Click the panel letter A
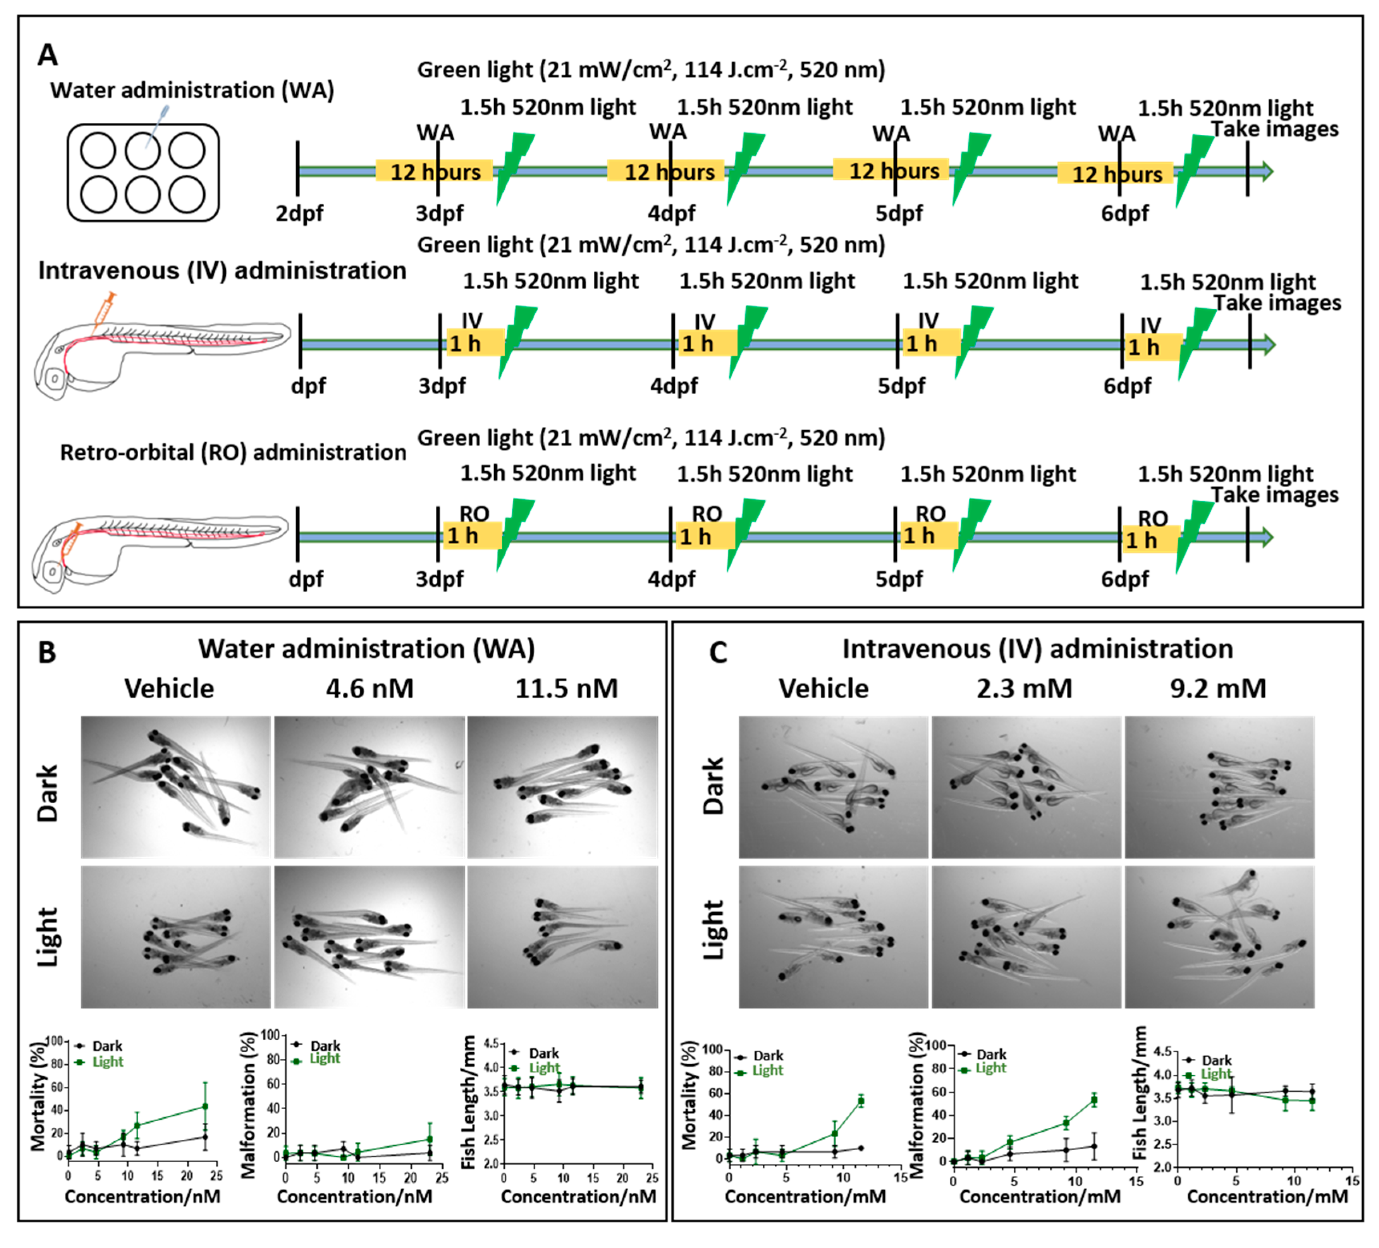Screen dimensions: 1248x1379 (47, 55)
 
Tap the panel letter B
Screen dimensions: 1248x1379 (47, 652)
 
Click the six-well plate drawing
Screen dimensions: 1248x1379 (143, 172)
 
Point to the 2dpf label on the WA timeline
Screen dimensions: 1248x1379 (299, 213)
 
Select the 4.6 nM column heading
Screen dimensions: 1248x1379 (369, 688)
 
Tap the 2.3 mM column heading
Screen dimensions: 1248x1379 (1024, 688)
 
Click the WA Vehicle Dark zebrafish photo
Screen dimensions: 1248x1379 (176, 787)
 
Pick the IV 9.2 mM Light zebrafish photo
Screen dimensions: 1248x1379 (1219, 937)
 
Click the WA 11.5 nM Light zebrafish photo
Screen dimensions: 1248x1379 (562, 937)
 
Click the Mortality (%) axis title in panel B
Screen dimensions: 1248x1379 (38, 1096)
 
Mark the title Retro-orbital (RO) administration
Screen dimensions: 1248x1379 (233, 452)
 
